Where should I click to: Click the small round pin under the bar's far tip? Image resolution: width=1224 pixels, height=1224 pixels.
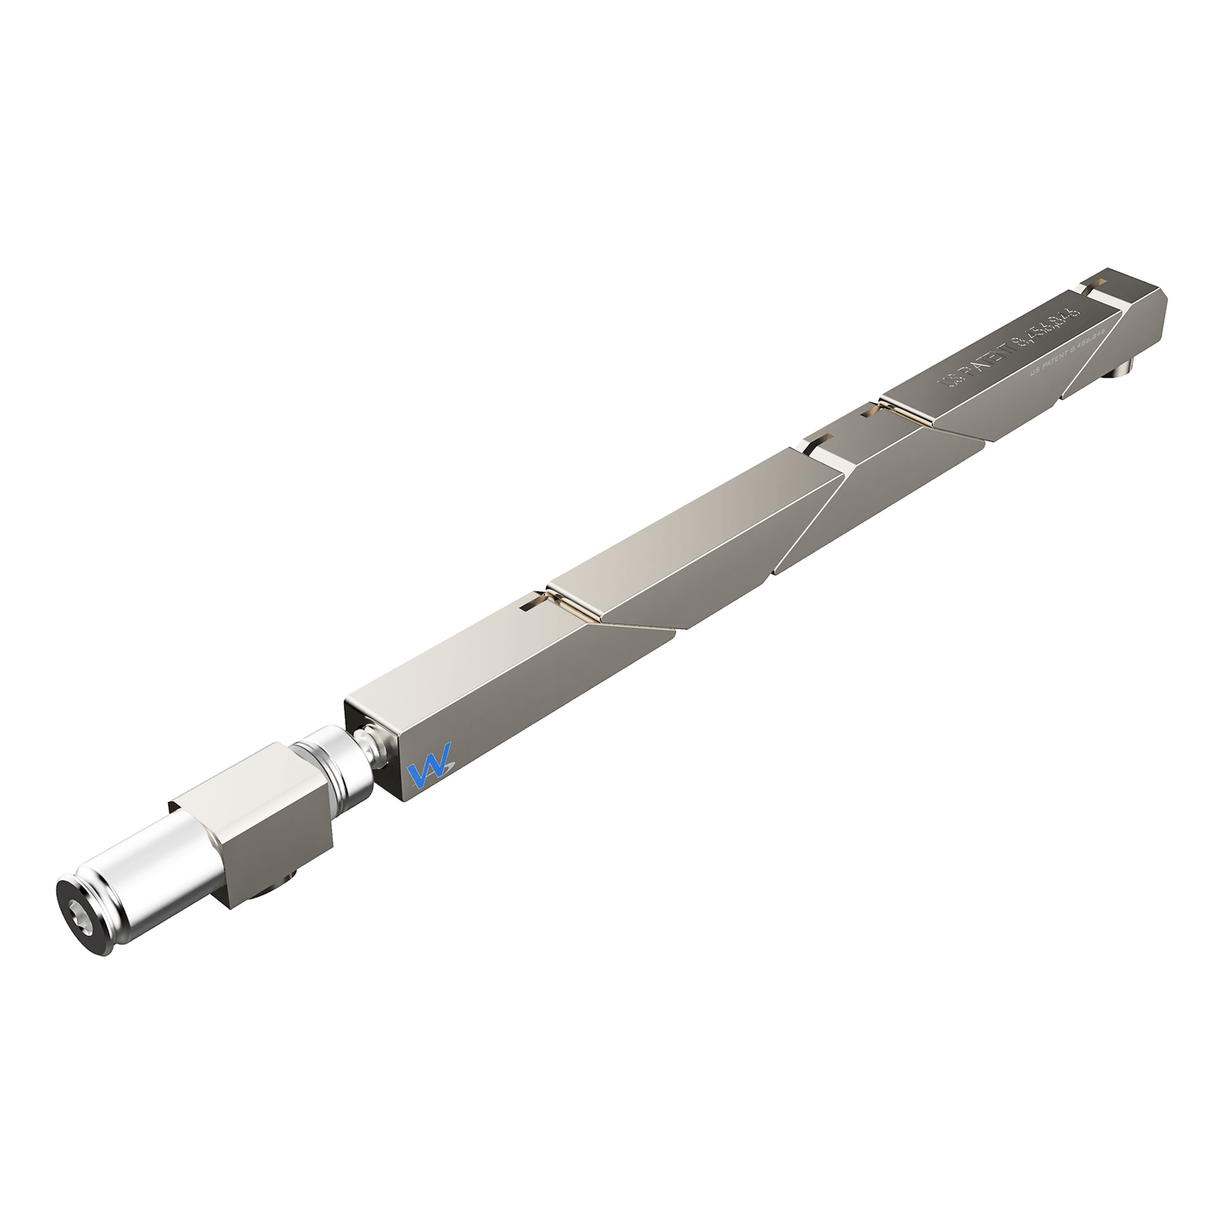pos(1122,369)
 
